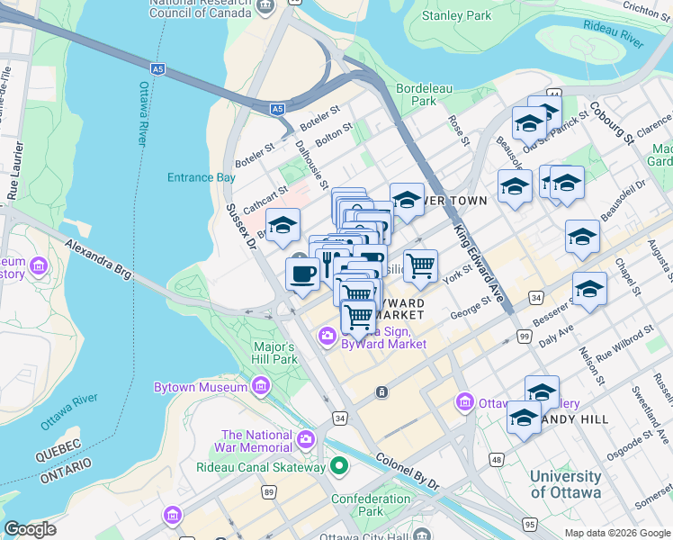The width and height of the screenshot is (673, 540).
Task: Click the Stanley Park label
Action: pos(456,15)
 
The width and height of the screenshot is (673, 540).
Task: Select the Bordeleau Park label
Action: pos(417,95)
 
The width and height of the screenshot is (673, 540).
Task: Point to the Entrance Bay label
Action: pos(202,177)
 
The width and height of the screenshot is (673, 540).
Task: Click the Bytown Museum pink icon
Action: pos(261,387)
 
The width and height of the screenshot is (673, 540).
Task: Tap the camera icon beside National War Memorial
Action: pos(306,439)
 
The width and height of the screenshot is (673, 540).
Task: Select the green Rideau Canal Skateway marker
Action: pos(338,466)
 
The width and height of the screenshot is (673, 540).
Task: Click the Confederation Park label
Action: pos(371,505)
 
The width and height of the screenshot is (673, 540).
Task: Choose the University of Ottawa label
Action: pos(565,484)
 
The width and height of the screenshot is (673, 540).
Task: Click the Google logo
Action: pos(30,529)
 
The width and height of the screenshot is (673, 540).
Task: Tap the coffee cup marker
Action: pos(302,273)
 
